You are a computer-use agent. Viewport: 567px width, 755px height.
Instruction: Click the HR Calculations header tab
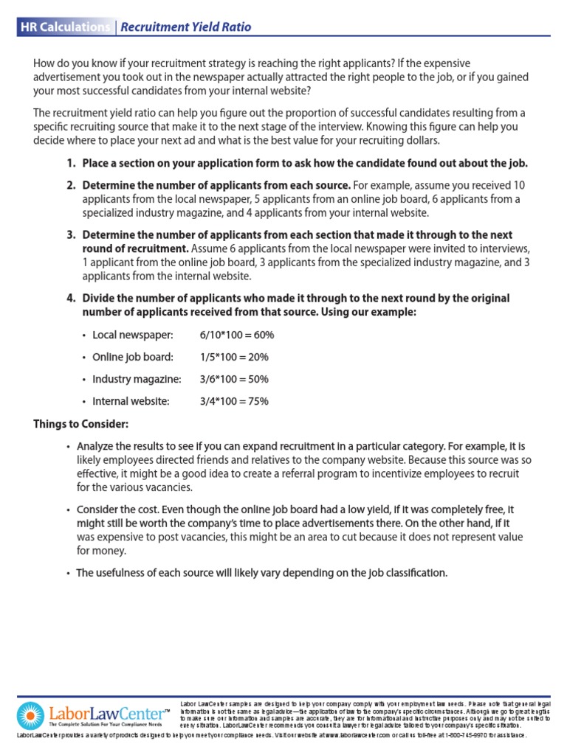click(64, 27)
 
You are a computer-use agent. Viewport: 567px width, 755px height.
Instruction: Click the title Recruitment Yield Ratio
click(185, 27)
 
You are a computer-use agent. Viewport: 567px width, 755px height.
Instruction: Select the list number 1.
click(71, 163)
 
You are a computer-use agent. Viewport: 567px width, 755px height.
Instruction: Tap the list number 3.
click(71, 234)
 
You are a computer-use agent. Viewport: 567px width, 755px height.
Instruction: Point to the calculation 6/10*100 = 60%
click(236, 335)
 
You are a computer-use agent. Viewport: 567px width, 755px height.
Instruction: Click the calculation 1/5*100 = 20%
click(234, 357)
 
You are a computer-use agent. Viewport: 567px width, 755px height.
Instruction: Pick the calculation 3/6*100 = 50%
click(234, 379)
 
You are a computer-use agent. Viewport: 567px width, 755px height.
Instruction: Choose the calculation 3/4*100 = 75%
click(234, 401)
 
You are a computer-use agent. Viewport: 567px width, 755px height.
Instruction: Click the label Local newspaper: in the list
click(132, 335)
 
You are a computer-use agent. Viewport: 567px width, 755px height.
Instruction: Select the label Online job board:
click(133, 357)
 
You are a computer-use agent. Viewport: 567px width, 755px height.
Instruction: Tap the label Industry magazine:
click(137, 379)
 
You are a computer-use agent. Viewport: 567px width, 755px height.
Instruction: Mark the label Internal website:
click(131, 401)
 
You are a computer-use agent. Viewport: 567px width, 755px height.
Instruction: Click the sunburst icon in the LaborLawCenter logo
click(30, 716)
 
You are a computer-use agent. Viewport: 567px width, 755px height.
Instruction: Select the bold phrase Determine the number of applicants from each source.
click(216, 184)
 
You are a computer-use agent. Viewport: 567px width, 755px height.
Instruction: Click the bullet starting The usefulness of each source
click(262, 572)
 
